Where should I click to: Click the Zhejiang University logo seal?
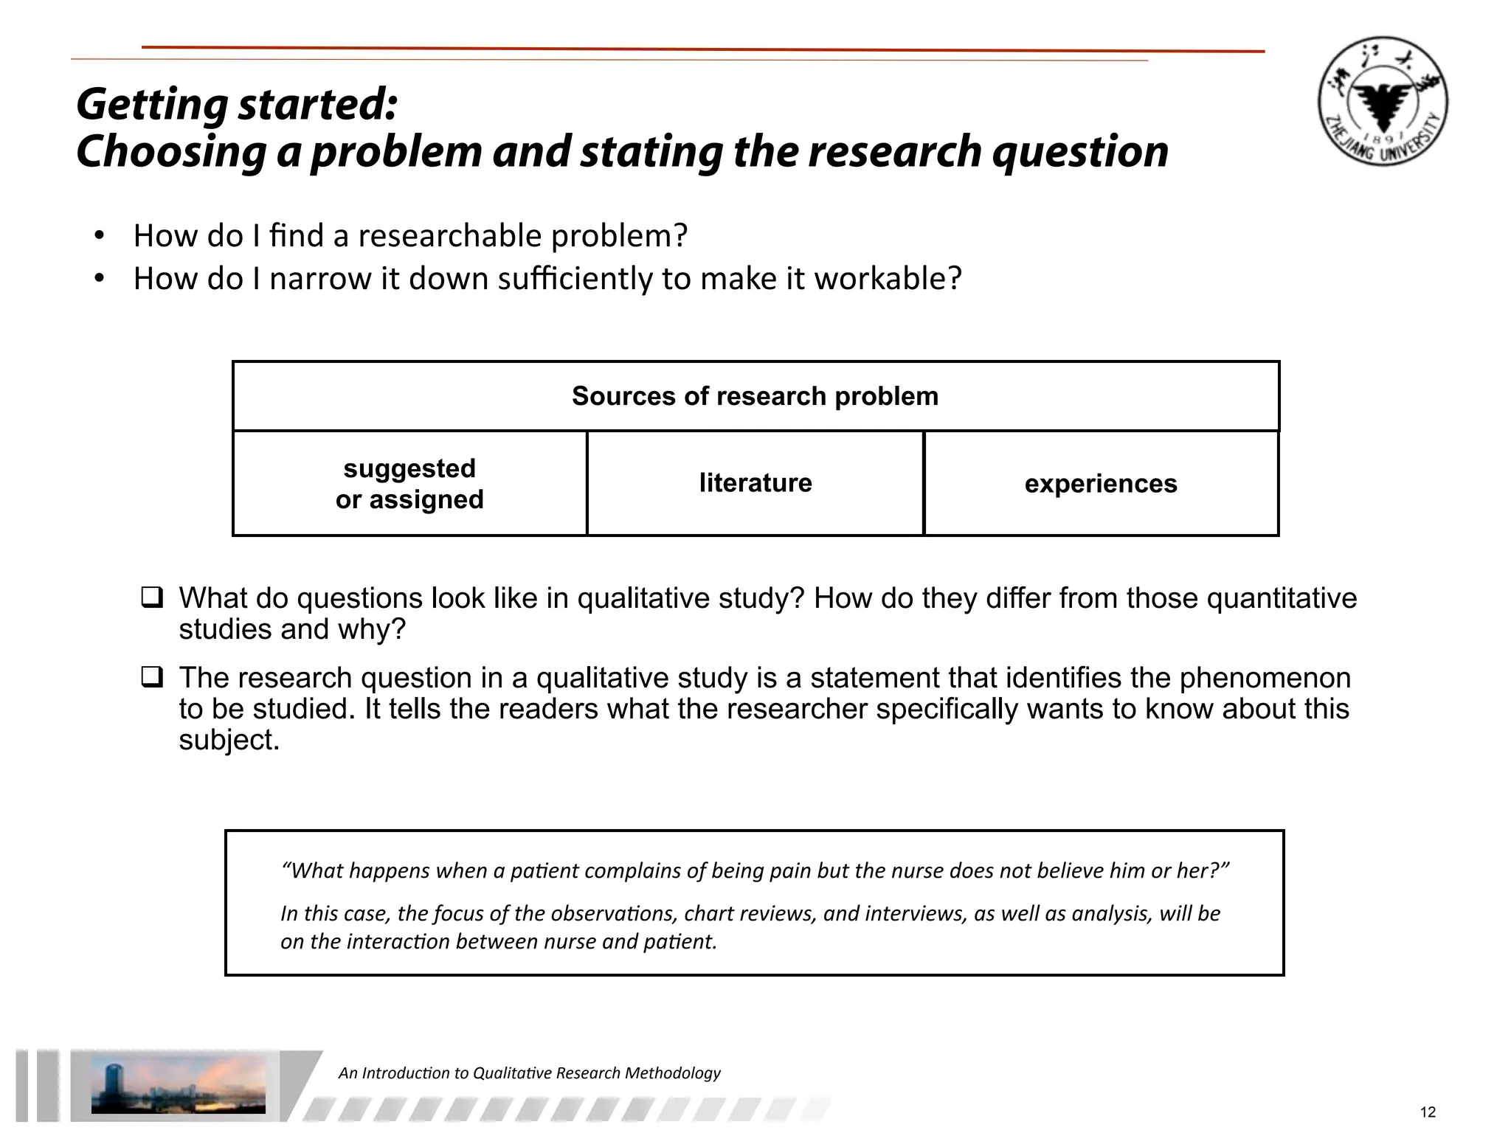click(1383, 101)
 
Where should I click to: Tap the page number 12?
click(1428, 1112)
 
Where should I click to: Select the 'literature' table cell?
click(755, 483)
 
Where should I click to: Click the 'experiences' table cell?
click(1101, 484)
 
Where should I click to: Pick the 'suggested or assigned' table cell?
click(409, 484)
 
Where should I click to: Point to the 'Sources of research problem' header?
click(755, 396)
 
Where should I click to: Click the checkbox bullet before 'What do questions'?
click(152, 597)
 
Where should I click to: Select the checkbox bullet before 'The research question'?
click(152, 676)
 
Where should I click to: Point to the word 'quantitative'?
click(1282, 598)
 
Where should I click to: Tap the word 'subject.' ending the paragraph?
click(229, 740)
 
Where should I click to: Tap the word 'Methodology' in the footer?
click(672, 1073)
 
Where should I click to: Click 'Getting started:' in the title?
click(237, 104)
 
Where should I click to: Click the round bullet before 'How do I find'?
click(99, 236)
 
